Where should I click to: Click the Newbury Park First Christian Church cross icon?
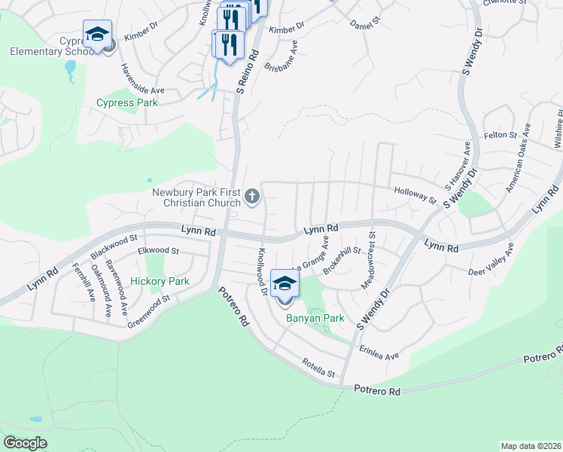coord(252,197)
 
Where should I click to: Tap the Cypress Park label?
coord(127,102)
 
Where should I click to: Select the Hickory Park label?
coord(160,281)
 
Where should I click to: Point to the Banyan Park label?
coord(315,318)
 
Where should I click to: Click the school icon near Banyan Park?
coord(285,284)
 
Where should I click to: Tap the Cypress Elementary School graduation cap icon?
coord(97,34)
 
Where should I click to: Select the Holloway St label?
coord(415,196)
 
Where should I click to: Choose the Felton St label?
coord(499,135)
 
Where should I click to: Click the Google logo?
coord(25,443)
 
